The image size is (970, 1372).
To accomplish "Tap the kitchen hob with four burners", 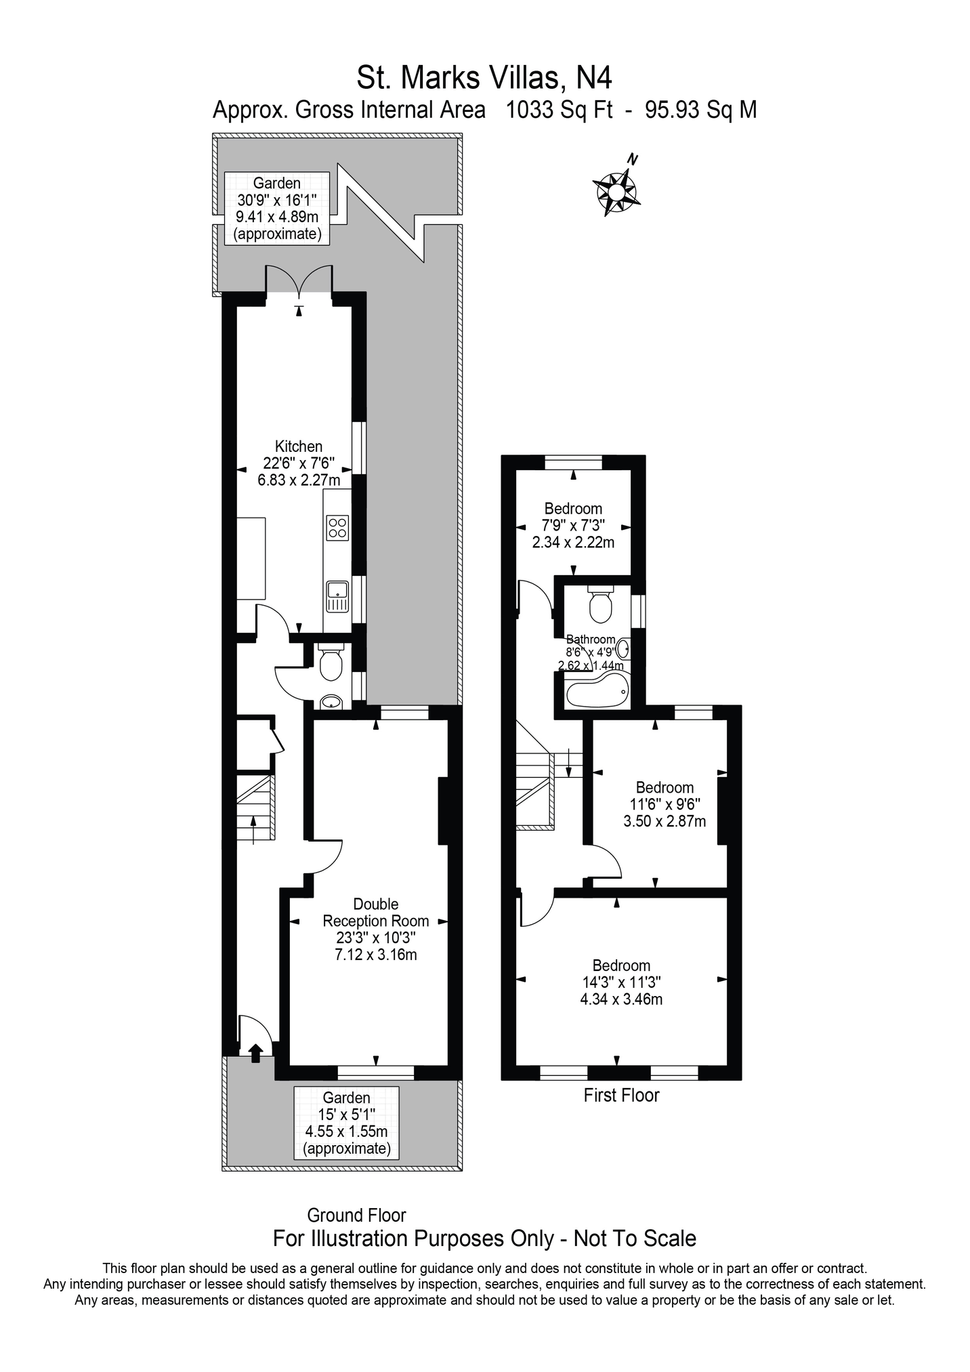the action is click(x=337, y=528).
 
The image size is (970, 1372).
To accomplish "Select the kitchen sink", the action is click(x=337, y=596).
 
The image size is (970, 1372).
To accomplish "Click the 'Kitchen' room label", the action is click(x=299, y=446).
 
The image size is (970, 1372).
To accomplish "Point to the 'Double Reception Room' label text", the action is click(x=376, y=912).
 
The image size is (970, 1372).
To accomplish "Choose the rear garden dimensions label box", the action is click(x=277, y=209).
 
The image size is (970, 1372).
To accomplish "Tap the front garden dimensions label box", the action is click(x=347, y=1123).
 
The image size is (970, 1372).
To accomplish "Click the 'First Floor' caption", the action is click(x=621, y=1095).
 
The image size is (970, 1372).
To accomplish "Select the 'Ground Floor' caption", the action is click(x=356, y=1215).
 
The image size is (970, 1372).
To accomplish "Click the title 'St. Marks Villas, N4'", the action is click(x=484, y=77).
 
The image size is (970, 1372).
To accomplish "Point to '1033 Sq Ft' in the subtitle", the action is click(x=560, y=109).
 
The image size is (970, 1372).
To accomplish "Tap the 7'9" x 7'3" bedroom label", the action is click(x=573, y=525).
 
